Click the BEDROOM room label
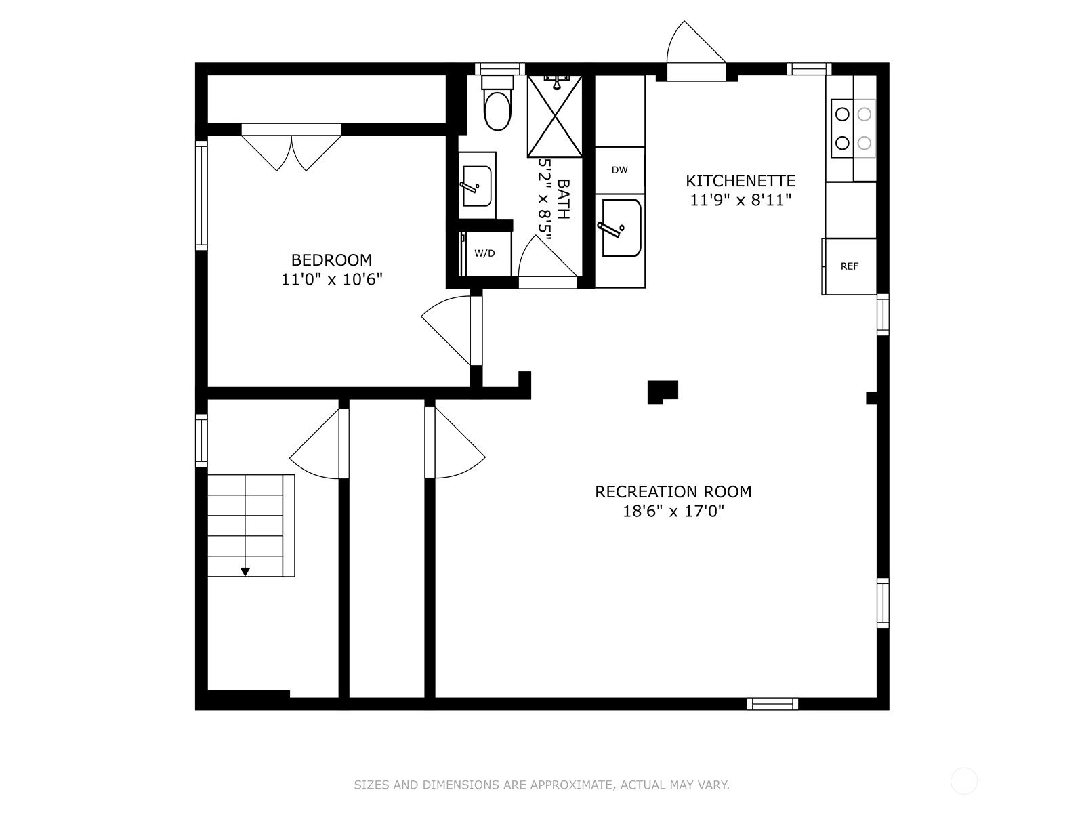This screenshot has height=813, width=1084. tap(331, 259)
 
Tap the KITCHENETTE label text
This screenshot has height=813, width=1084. tap(741, 181)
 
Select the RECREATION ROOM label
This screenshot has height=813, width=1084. tap(673, 492)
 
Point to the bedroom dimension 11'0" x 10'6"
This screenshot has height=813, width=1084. tap(332, 279)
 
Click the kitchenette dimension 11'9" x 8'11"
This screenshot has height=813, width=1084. tap(741, 201)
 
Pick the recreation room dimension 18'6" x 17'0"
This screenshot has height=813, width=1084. tap(673, 511)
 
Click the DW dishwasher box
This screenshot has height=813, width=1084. tap(620, 170)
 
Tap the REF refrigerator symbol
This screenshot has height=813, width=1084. tap(850, 266)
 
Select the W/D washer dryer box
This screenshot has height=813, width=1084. tap(485, 253)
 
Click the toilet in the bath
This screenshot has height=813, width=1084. tap(498, 103)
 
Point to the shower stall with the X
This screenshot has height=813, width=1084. tap(555, 117)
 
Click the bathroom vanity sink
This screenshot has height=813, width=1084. tap(477, 186)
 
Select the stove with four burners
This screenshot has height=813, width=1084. tap(853, 128)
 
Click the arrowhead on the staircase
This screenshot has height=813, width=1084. tap(245, 572)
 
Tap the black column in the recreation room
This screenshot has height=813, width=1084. tap(662, 392)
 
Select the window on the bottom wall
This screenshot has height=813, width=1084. tap(772, 704)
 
